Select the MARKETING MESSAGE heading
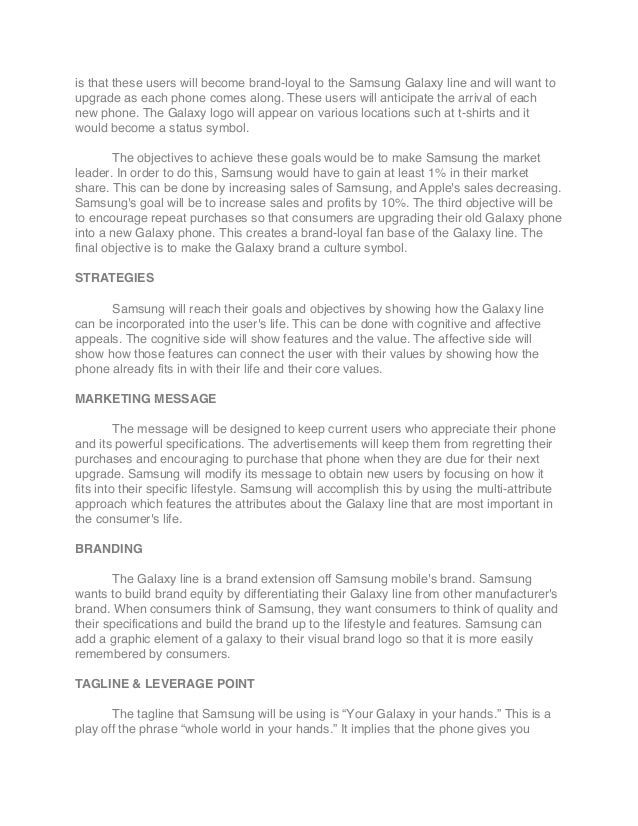tap(145, 397)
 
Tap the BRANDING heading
tap(109, 550)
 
